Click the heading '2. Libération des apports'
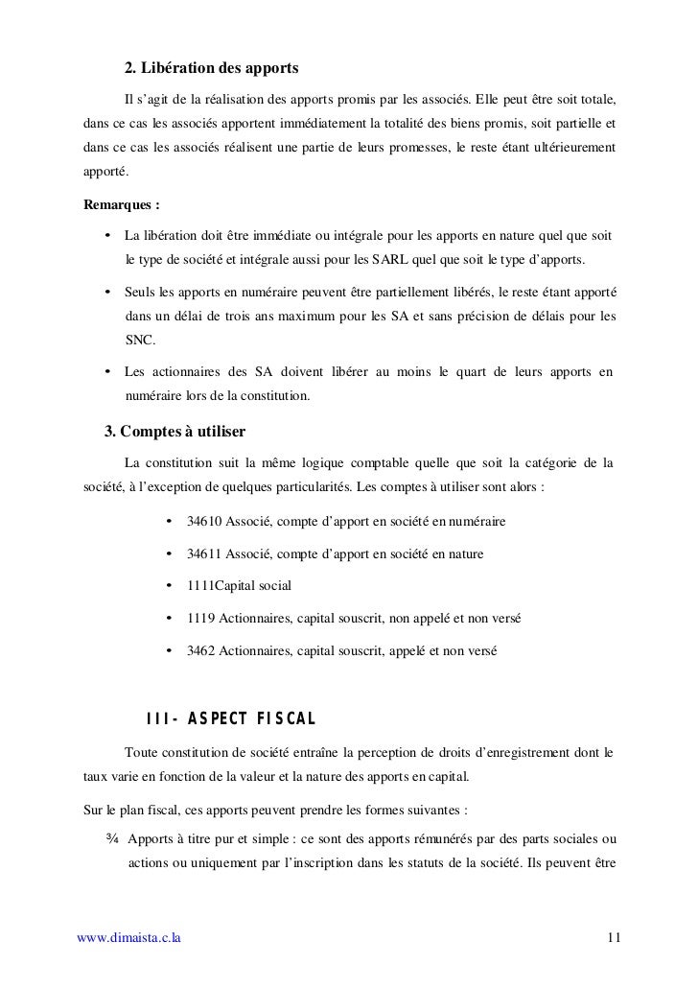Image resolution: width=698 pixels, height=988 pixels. (212, 70)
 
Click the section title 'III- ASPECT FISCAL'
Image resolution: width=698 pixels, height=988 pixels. (230, 720)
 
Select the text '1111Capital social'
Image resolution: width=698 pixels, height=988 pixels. (239, 586)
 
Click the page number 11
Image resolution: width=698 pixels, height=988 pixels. (614, 936)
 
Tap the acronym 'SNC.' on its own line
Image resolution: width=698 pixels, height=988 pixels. (140, 341)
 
